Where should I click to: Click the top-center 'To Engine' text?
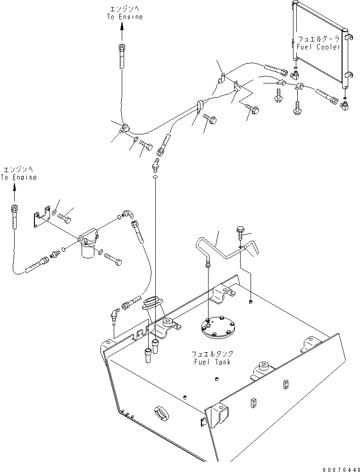coord(125,17)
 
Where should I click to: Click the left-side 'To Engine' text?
coord(18,177)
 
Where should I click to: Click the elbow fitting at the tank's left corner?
coord(115,314)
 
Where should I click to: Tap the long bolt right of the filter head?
coord(113,259)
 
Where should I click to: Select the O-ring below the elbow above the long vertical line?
coord(155,177)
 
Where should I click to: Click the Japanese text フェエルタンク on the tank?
coord(212,353)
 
